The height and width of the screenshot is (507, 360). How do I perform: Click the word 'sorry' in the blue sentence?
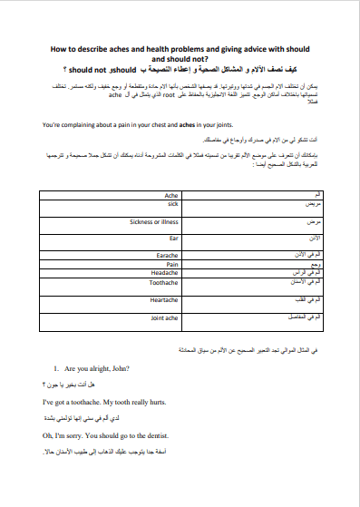[x=83, y=434]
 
